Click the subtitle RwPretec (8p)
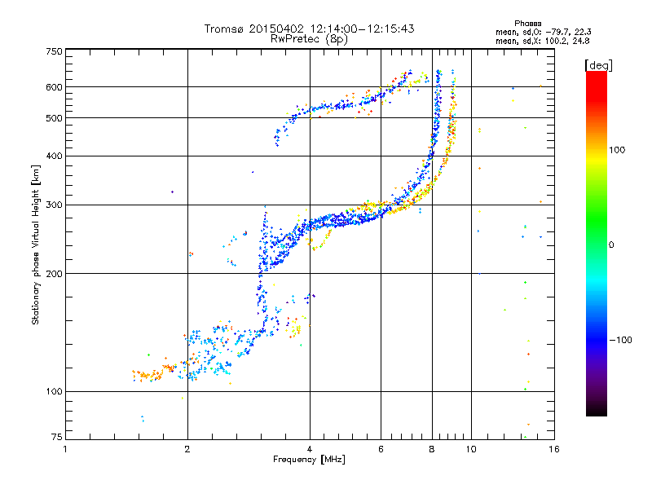[309, 39]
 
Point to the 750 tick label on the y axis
[54, 51]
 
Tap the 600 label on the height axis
[54, 87]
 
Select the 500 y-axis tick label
[54, 118]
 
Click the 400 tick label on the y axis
[54, 156]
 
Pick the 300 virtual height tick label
[54, 205]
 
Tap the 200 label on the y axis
[54, 274]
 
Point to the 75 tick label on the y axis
[57, 437]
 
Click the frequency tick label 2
[187, 449]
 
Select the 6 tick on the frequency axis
[381, 449]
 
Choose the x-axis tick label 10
[471, 449]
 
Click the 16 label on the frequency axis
[554, 449]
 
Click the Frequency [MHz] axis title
[309, 460]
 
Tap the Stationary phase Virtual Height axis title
[35, 245]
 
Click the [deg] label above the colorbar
[598, 65]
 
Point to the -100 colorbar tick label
[621, 340]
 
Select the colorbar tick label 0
[611, 245]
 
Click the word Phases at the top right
[527, 24]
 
